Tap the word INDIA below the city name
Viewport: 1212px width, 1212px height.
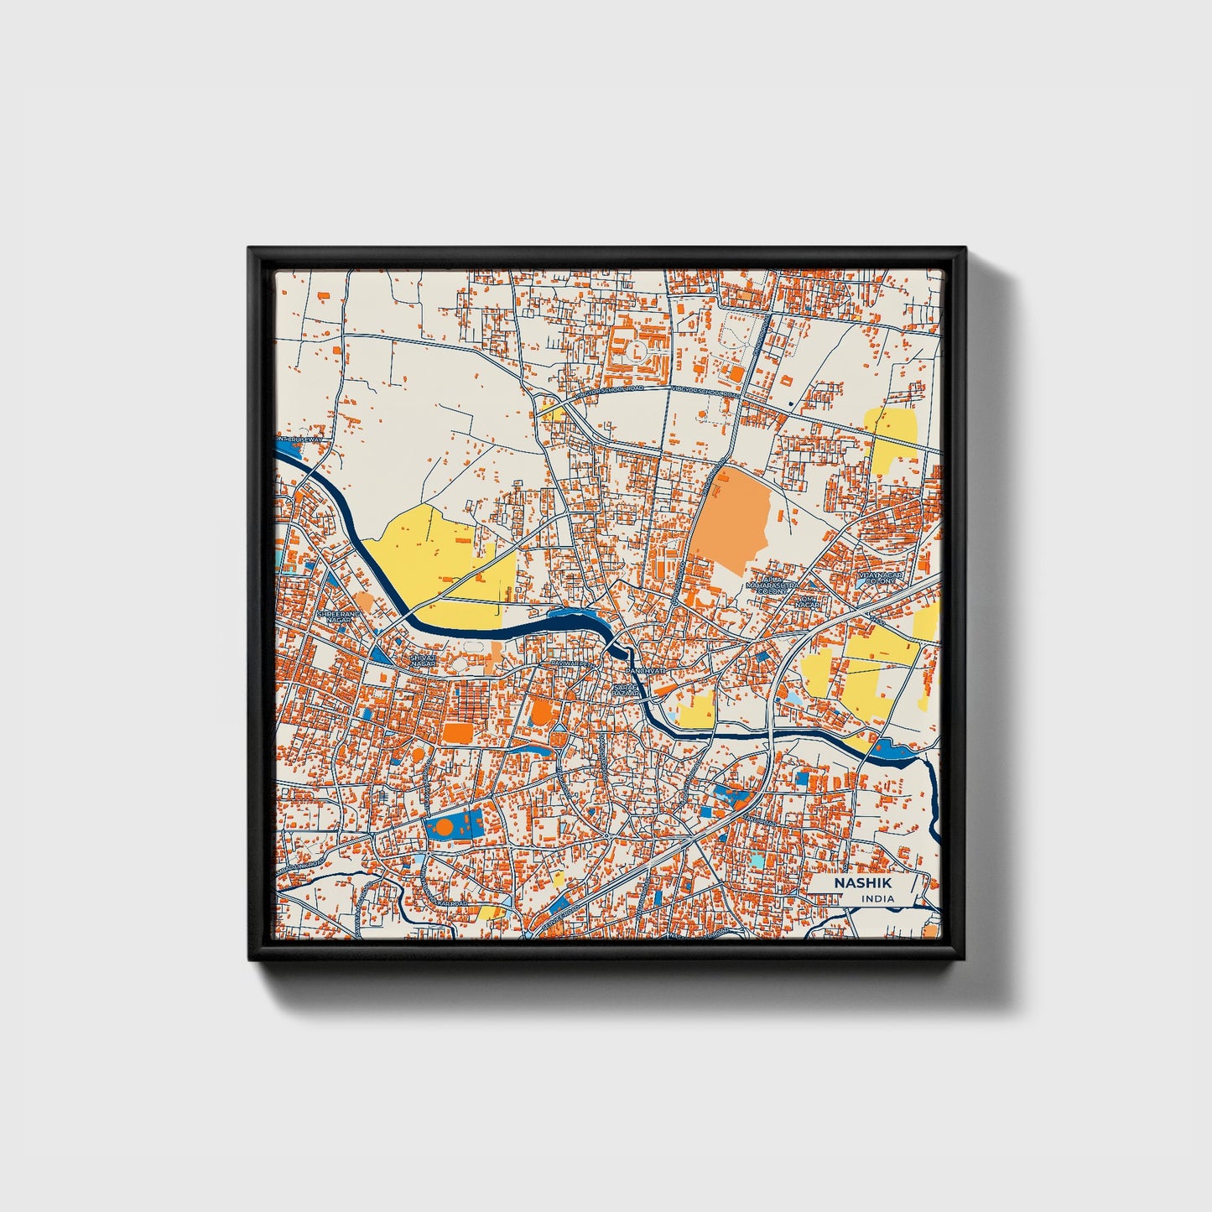[x=877, y=898]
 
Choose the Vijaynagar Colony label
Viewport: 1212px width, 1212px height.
[x=880, y=578]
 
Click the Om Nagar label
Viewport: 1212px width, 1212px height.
[x=807, y=601]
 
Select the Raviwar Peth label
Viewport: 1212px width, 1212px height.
[x=565, y=663]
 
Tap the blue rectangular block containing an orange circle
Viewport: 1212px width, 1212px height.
[x=454, y=826]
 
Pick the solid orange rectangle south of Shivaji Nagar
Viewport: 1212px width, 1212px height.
[x=458, y=732]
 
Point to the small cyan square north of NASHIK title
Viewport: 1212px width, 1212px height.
[x=757, y=861]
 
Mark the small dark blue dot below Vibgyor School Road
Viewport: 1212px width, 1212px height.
[x=791, y=404]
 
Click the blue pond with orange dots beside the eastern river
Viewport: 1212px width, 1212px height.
[x=891, y=750]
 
